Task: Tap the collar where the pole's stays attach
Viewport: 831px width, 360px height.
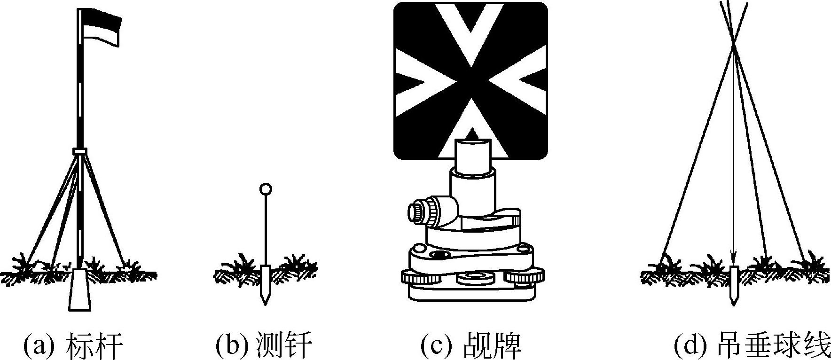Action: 80,151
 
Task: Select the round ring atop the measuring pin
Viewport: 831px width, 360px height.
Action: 266,189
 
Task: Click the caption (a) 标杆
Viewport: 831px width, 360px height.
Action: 73,346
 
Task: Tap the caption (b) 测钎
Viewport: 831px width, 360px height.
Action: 264,346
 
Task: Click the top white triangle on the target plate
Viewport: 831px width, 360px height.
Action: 470,28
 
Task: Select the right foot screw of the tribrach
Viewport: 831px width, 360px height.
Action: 524,277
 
